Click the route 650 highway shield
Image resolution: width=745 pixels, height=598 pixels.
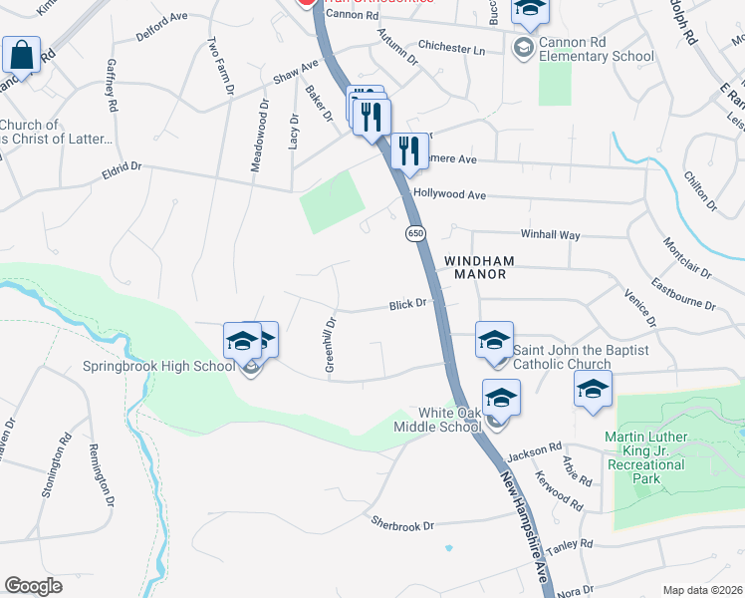[415, 233]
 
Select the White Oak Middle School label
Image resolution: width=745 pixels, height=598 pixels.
[450, 420]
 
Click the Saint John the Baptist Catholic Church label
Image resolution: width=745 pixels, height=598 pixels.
[581, 357]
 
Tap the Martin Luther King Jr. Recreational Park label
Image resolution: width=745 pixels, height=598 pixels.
[659, 451]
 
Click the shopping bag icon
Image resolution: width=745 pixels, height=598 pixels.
[21, 56]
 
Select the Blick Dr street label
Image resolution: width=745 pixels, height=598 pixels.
[407, 304]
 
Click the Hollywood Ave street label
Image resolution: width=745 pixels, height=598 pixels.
[449, 194]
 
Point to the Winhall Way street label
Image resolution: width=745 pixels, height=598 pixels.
[550, 235]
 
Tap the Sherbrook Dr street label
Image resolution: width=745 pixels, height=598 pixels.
[402, 524]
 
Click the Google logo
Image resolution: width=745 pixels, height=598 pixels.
[34, 586]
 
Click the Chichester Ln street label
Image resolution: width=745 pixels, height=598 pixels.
[451, 49]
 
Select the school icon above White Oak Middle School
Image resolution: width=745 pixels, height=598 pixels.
[501, 397]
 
